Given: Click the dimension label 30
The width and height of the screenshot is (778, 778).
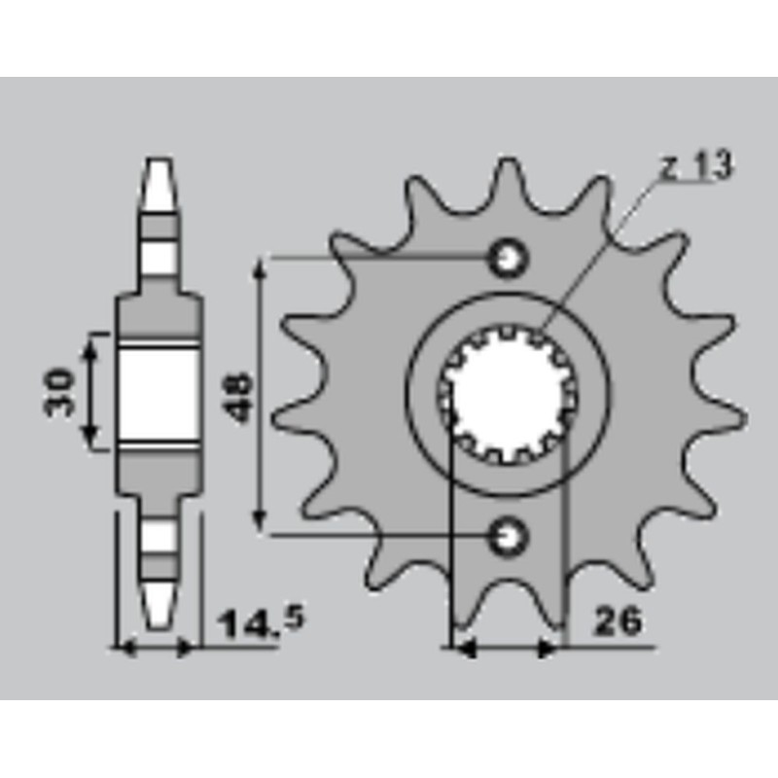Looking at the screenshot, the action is [58, 392].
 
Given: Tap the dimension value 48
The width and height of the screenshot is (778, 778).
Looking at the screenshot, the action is [236, 397].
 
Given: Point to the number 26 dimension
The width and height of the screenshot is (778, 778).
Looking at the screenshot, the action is [619, 621].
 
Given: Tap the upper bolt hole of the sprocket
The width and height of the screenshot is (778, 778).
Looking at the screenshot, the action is [507, 259].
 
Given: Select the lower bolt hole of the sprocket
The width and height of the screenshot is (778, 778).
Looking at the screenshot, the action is [507, 536].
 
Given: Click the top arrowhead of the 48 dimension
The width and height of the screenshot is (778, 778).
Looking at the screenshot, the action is [260, 269].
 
